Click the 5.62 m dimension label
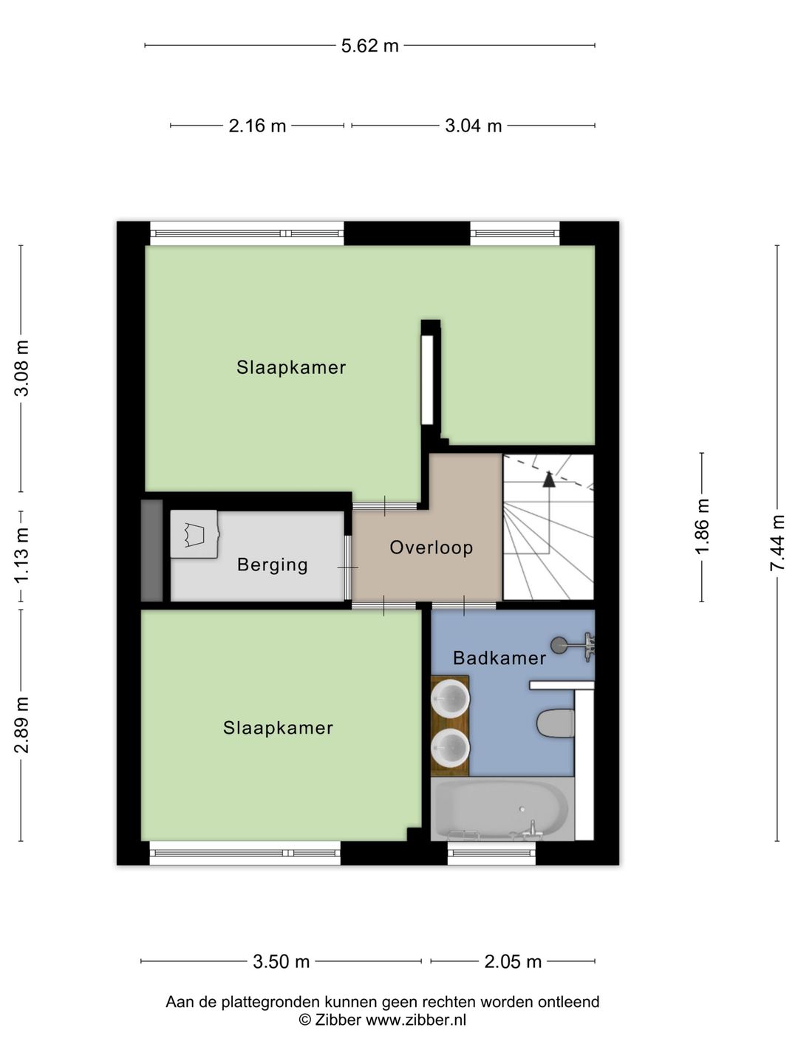(x=369, y=46)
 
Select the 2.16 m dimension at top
(x=257, y=126)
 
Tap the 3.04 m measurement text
(x=473, y=126)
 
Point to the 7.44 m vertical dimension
(x=777, y=542)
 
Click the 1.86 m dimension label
(x=703, y=526)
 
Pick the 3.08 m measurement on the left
(x=22, y=368)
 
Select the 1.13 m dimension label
(x=22, y=554)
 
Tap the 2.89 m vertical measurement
(x=22, y=725)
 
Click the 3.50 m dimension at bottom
(x=281, y=961)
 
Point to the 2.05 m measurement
(x=513, y=961)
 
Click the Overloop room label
(x=431, y=548)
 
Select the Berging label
(x=272, y=565)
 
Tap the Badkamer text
(x=499, y=658)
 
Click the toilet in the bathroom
(x=556, y=723)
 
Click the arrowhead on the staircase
(x=548, y=480)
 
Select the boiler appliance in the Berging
(x=194, y=533)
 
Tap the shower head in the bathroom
(x=561, y=645)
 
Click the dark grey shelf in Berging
(x=151, y=550)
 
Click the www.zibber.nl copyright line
(x=382, y=1020)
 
